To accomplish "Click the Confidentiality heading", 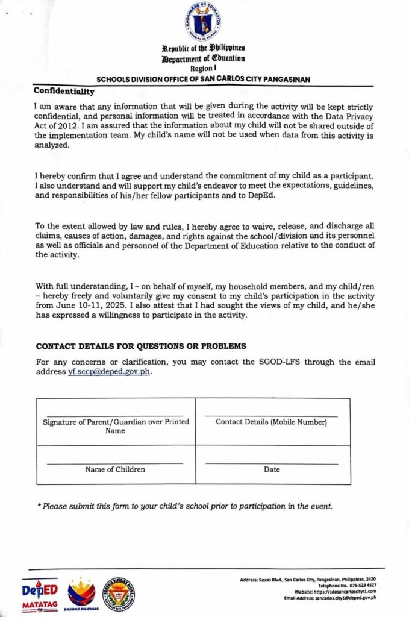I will pyautogui.click(x=64, y=91).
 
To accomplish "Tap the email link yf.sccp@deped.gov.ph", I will pyautogui.click(x=109, y=372).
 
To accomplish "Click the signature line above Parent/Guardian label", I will pyautogui.click(x=115, y=415).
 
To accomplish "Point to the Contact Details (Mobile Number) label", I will pyautogui.click(x=272, y=422).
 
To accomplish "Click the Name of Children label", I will pyautogui.click(x=115, y=469).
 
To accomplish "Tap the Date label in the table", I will pyautogui.click(x=272, y=469).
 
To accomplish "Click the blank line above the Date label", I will pyautogui.click(x=272, y=463).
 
